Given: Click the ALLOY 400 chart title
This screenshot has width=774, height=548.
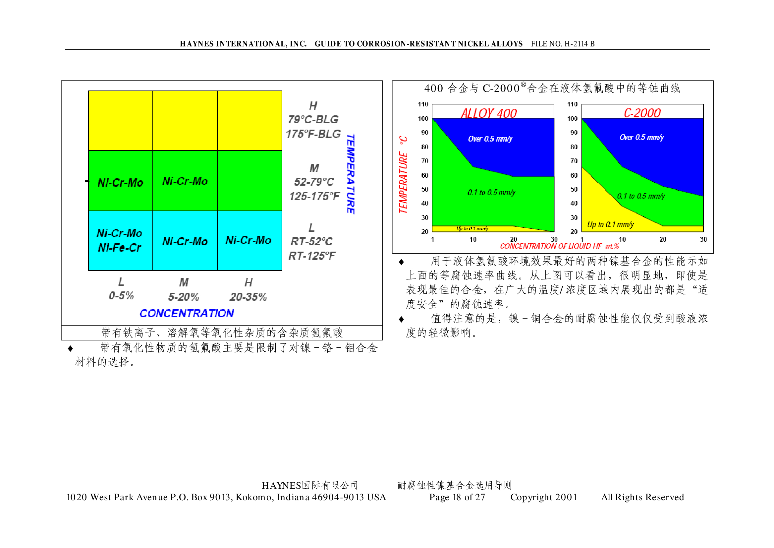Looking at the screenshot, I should coord(489,113).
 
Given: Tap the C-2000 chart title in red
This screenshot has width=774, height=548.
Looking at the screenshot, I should coord(642,113).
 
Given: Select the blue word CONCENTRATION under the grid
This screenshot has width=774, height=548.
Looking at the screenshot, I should coord(187,314).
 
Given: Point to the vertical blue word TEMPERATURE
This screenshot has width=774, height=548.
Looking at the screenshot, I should coord(351,174).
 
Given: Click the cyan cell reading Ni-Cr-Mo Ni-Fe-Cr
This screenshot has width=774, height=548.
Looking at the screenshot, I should coord(120,241).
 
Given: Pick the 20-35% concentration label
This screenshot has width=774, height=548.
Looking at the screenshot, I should coord(248,297).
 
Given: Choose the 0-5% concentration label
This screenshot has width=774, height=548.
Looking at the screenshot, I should coord(121,296).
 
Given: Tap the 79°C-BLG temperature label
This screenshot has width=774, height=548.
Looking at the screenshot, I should coord(313,119).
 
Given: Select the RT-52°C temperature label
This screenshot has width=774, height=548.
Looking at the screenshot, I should coord(312,242).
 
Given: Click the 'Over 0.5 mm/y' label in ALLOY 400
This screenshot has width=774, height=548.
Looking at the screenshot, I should coord(490,139).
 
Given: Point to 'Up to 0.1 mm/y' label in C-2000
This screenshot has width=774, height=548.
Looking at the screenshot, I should coord(610,225).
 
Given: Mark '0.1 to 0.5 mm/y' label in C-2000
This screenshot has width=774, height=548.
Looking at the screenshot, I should coord(641,196).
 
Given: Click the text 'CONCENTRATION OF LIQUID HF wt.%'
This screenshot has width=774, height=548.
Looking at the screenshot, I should coord(559,246).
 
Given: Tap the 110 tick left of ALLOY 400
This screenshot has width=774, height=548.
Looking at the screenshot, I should coord(423,104).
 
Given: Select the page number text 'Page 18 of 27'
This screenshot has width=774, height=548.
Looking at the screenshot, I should coord(457,497).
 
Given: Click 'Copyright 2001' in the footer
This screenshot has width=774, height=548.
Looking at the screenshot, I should coord(544,497).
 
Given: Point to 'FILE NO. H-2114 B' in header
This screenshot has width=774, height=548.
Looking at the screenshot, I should coord(563,44).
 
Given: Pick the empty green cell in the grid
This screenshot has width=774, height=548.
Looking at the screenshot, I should coord(249,181).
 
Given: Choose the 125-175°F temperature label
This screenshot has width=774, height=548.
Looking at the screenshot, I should coord(314,196).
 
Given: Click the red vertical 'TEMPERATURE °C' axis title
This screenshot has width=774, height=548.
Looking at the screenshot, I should coord(403,175).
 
